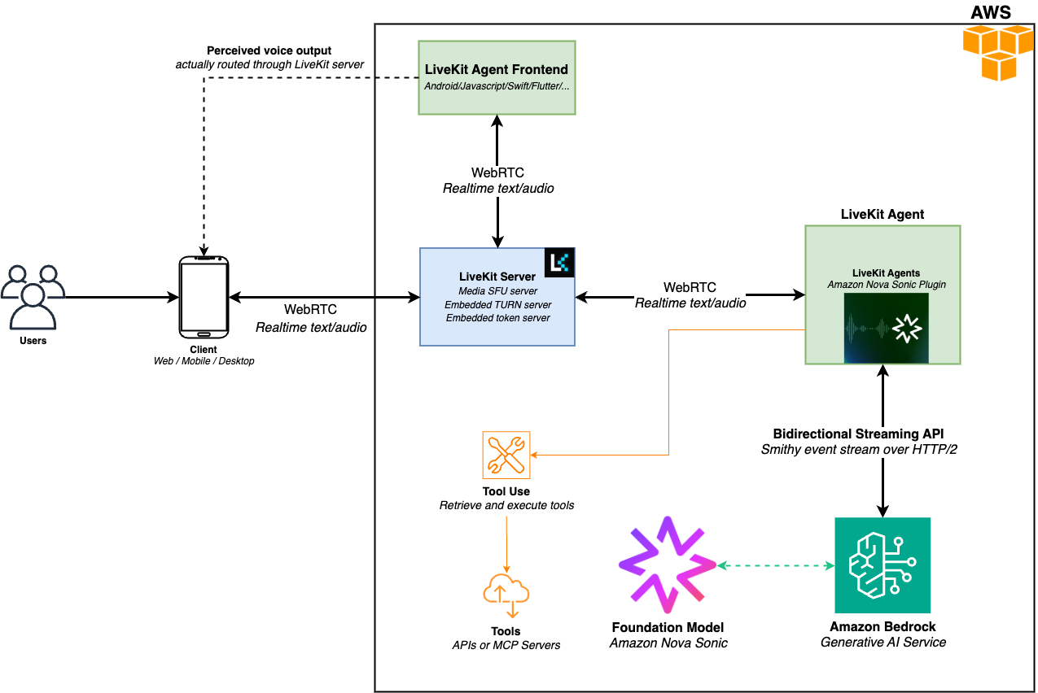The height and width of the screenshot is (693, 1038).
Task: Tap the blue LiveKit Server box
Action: click(497, 296)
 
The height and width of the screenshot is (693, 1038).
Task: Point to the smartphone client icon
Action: click(204, 297)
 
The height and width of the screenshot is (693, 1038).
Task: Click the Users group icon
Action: click(33, 297)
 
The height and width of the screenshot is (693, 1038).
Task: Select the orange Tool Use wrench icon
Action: click(506, 455)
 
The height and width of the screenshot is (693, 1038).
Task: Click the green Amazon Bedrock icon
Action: click(883, 565)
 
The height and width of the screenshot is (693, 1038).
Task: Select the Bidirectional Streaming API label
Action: click(858, 434)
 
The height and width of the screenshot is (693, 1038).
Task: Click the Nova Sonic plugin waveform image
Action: click(886, 328)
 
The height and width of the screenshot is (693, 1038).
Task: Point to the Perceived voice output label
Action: click(269, 50)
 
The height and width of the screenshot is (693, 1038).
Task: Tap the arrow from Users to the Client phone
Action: click(122, 298)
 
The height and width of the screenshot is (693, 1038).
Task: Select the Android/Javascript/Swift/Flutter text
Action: click(497, 86)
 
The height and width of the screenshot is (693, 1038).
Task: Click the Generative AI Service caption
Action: click(883, 642)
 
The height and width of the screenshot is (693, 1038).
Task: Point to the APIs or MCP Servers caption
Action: click(506, 645)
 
